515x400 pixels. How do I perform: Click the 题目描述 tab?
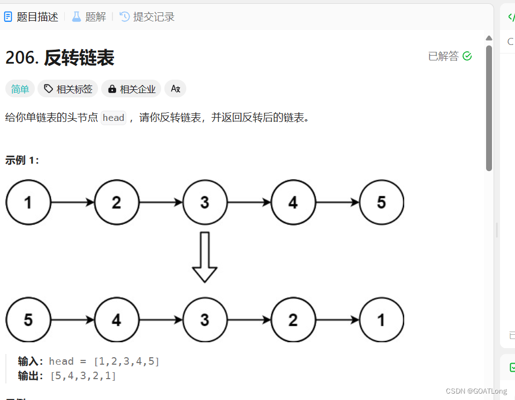click(31, 17)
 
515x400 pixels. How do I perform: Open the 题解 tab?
click(89, 17)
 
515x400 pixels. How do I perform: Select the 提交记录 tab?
click(147, 17)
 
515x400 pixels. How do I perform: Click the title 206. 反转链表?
click(60, 58)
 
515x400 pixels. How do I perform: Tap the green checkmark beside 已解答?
click(467, 56)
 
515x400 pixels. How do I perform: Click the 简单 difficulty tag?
click(20, 89)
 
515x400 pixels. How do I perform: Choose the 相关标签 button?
click(68, 89)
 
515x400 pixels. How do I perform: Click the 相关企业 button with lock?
click(132, 89)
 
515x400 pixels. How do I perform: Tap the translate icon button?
click(175, 89)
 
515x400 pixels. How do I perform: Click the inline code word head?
click(113, 118)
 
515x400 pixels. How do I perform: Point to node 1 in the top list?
click(28, 203)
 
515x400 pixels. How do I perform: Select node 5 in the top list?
click(381, 203)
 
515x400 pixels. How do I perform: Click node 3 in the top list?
click(205, 203)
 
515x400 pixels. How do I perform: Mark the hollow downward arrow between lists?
click(205, 257)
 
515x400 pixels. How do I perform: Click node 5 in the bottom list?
click(28, 320)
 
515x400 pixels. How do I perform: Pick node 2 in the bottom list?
click(293, 320)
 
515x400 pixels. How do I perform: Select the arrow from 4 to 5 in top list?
click(337, 203)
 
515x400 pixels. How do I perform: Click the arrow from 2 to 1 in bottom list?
click(337, 320)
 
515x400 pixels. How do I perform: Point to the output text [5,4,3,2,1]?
click(84, 376)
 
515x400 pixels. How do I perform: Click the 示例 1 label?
click(22, 160)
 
